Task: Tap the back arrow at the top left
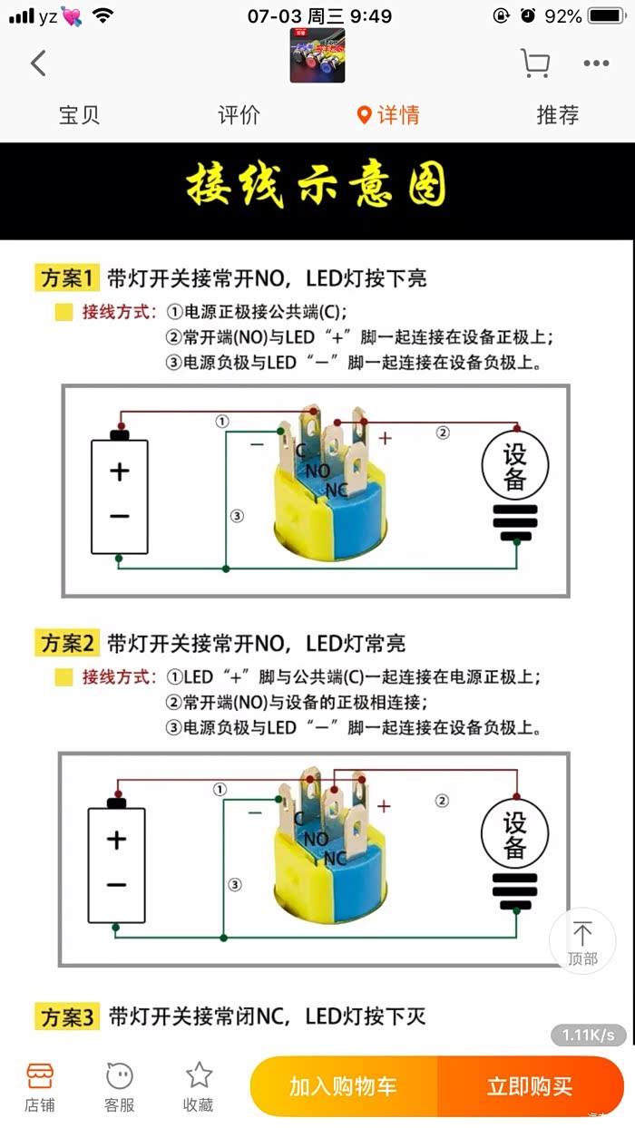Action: (x=38, y=63)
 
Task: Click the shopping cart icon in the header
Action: (x=534, y=63)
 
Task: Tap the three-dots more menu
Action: (x=596, y=63)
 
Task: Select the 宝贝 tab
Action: (x=79, y=115)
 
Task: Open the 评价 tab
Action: (x=239, y=115)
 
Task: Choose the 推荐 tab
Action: (x=557, y=115)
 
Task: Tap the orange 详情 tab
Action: (x=388, y=115)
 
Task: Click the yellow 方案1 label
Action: (x=67, y=277)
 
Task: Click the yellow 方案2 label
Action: (x=67, y=643)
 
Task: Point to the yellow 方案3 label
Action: (x=67, y=1016)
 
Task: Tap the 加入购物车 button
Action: (x=343, y=1086)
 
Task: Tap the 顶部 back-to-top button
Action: (x=582, y=940)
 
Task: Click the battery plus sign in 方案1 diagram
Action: (x=120, y=472)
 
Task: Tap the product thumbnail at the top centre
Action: (x=317, y=55)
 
